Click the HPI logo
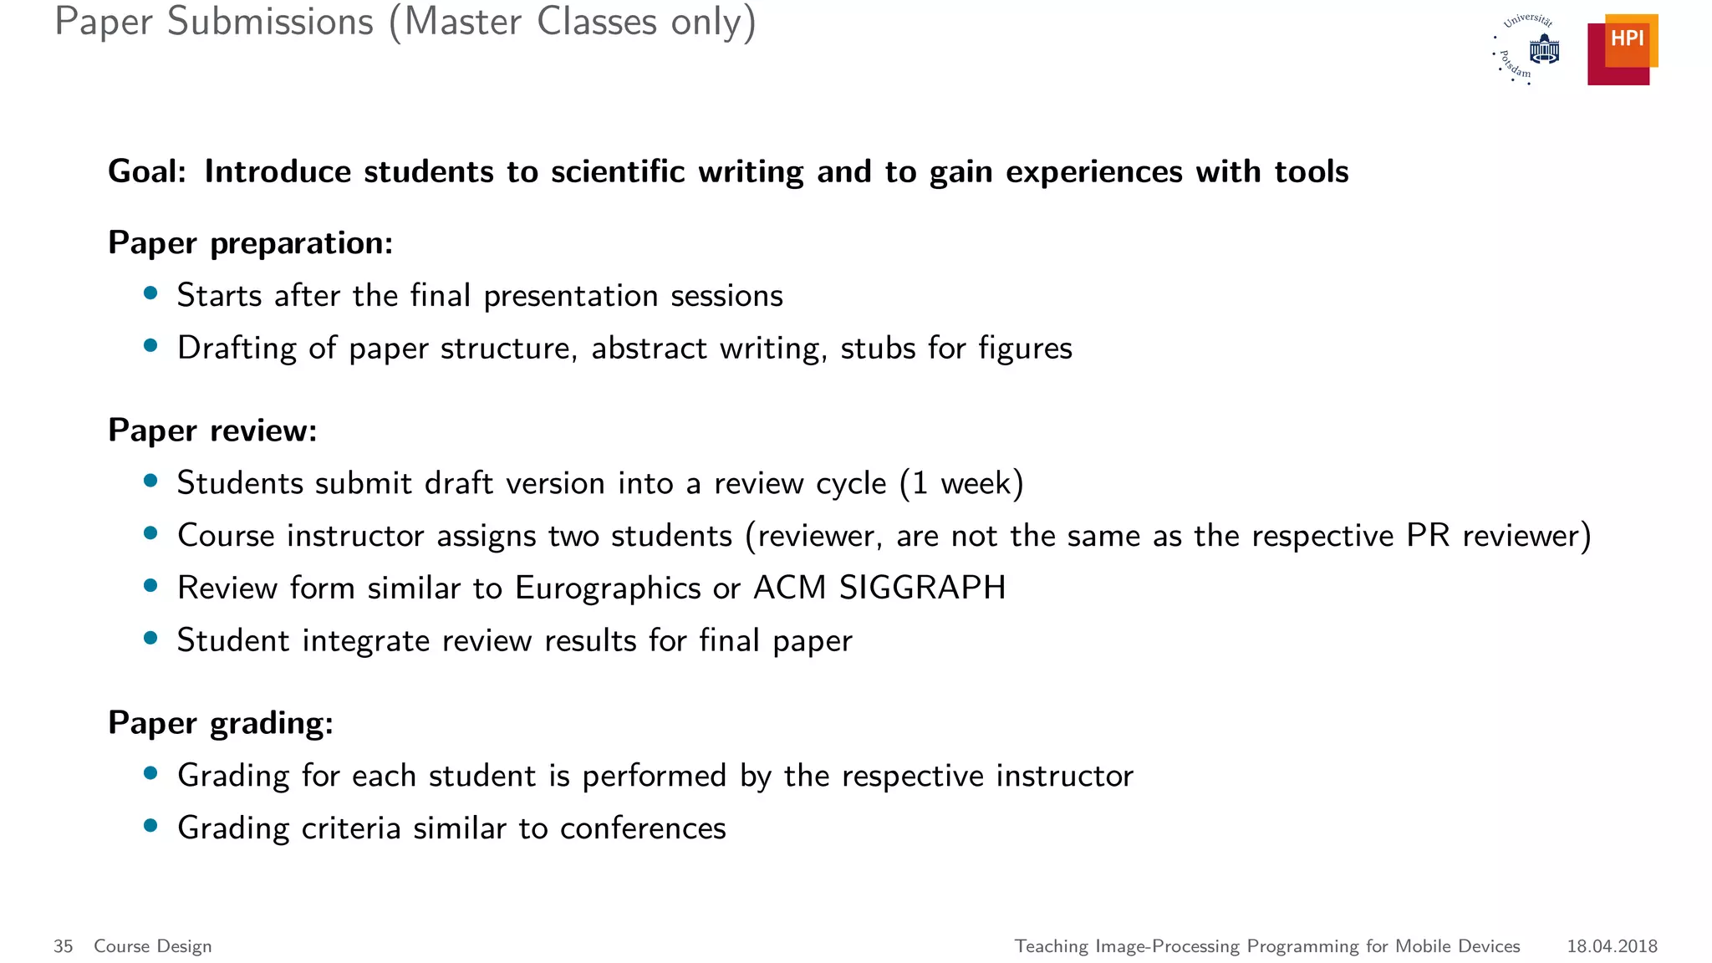pos(1622,49)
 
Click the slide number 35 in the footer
pos(63,946)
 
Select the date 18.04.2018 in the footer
pos(1612,946)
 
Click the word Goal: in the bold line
pos(147,171)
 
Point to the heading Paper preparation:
pos(250,243)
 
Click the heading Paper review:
pos(212,431)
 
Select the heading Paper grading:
pos(221,723)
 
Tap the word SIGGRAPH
pos(922,588)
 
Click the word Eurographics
pos(608,588)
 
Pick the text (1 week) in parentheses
pos(961,483)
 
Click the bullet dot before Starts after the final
pos(150,293)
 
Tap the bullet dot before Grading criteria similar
pos(150,826)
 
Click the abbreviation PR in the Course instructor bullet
pos(1428,536)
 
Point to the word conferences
pos(643,828)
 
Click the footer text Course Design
pos(152,946)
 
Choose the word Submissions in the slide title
pos(270,22)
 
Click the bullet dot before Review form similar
pos(150,585)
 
